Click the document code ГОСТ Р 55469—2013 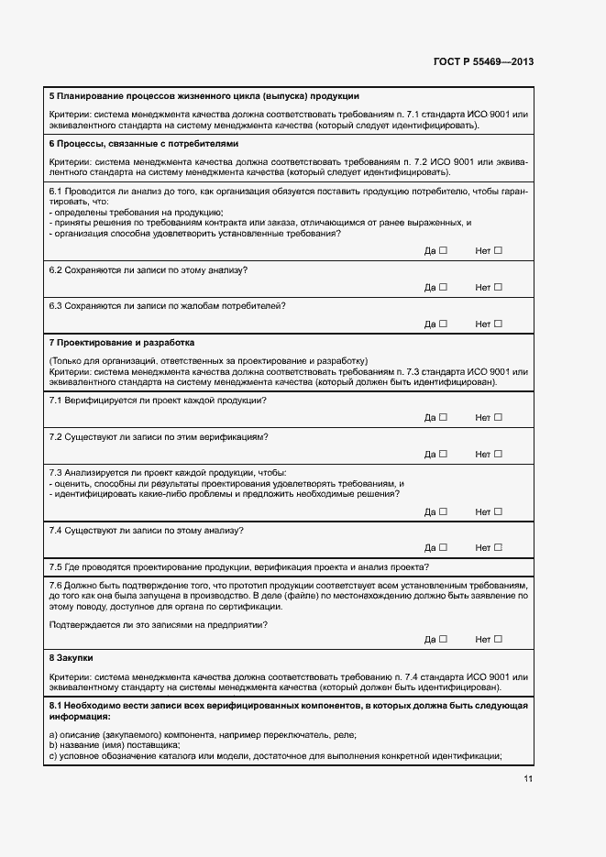483,61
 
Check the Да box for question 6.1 443,250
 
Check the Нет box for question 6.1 499,250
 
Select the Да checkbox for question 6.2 443,287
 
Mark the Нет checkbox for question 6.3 499,324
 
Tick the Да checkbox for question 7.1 443,417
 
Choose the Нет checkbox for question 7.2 499,454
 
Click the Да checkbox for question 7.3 443,511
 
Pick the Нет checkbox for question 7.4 499,547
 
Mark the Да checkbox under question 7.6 443,639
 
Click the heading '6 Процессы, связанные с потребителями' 143,144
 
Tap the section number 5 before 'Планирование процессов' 51,96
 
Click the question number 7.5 55,566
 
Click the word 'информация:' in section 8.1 79,716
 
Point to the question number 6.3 55,305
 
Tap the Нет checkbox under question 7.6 499,639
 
